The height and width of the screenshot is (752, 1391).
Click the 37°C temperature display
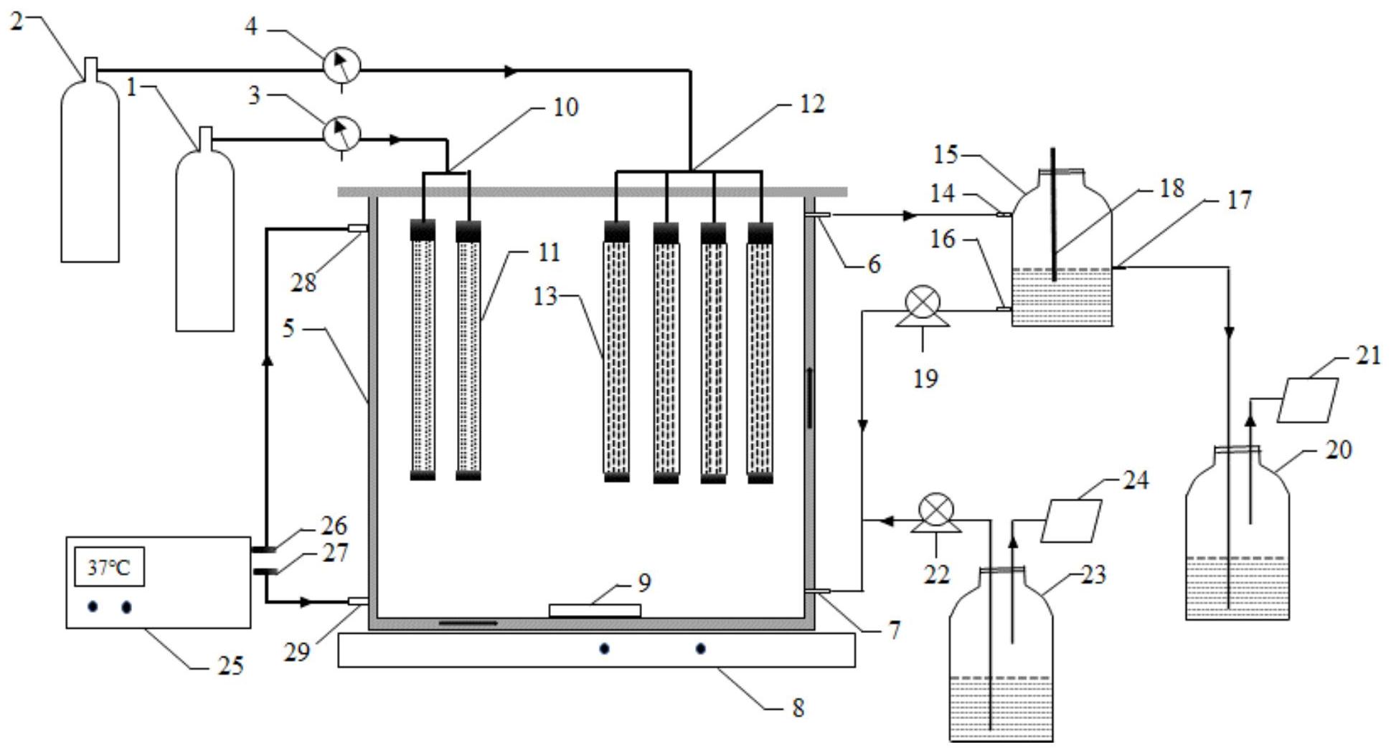click(x=109, y=567)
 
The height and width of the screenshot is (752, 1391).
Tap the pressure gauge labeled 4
click(x=341, y=67)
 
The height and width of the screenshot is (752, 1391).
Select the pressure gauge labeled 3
click(x=341, y=133)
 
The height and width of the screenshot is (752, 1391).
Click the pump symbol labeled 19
click(x=923, y=303)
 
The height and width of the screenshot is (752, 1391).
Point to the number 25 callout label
click(x=230, y=666)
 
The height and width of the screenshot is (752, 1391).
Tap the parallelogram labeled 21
click(x=1309, y=400)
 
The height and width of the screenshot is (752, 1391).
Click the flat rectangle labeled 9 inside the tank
click(x=594, y=611)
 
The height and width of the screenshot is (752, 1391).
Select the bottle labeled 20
click(x=1237, y=538)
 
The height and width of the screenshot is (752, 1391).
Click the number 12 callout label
click(x=812, y=104)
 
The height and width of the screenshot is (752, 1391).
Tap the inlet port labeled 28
click(x=358, y=228)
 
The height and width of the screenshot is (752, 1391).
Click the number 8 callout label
click(x=798, y=708)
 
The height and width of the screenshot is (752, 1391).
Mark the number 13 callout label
click(x=545, y=296)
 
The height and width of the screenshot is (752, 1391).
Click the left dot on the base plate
click(x=605, y=649)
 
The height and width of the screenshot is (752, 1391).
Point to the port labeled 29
click(x=358, y=601)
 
